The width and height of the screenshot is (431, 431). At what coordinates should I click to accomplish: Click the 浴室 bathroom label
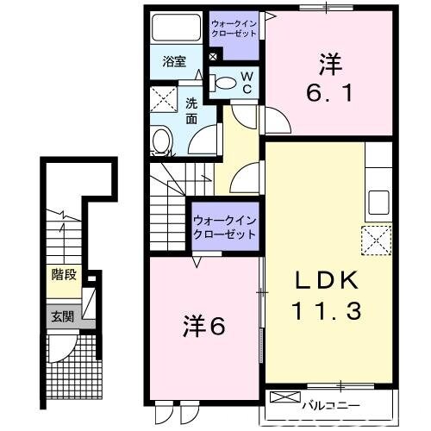tap(175, 61)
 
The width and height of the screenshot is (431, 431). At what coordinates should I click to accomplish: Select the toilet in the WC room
tap(225, 83)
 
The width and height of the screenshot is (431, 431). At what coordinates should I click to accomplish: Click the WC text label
tap(246, 83)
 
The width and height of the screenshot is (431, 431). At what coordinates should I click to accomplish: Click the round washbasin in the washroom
tap(161, 141)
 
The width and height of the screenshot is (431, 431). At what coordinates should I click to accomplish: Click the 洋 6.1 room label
tap(330, 78)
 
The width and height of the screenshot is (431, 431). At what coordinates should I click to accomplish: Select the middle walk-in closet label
tap(225, 227)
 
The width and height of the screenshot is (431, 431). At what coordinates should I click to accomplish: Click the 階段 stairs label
tap(62, 278)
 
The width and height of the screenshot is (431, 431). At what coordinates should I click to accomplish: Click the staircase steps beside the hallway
tap(168, 206)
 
